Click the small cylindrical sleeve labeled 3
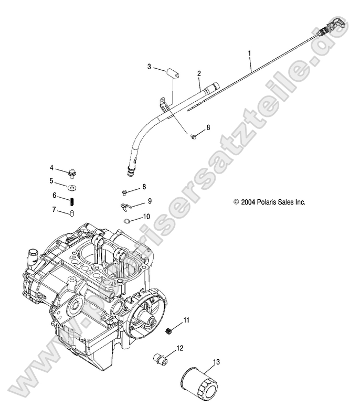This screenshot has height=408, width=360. (x=172, y=72)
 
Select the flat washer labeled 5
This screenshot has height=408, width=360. (x=72, y=186)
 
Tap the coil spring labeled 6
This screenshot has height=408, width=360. (x=72, y=200)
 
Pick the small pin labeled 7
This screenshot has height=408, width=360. (x=72, y=212)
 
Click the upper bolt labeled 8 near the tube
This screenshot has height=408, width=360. (x=194, y=137)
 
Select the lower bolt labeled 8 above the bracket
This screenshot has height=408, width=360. (x=125, y=191)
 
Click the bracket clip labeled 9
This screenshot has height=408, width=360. (x=124, y=206)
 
